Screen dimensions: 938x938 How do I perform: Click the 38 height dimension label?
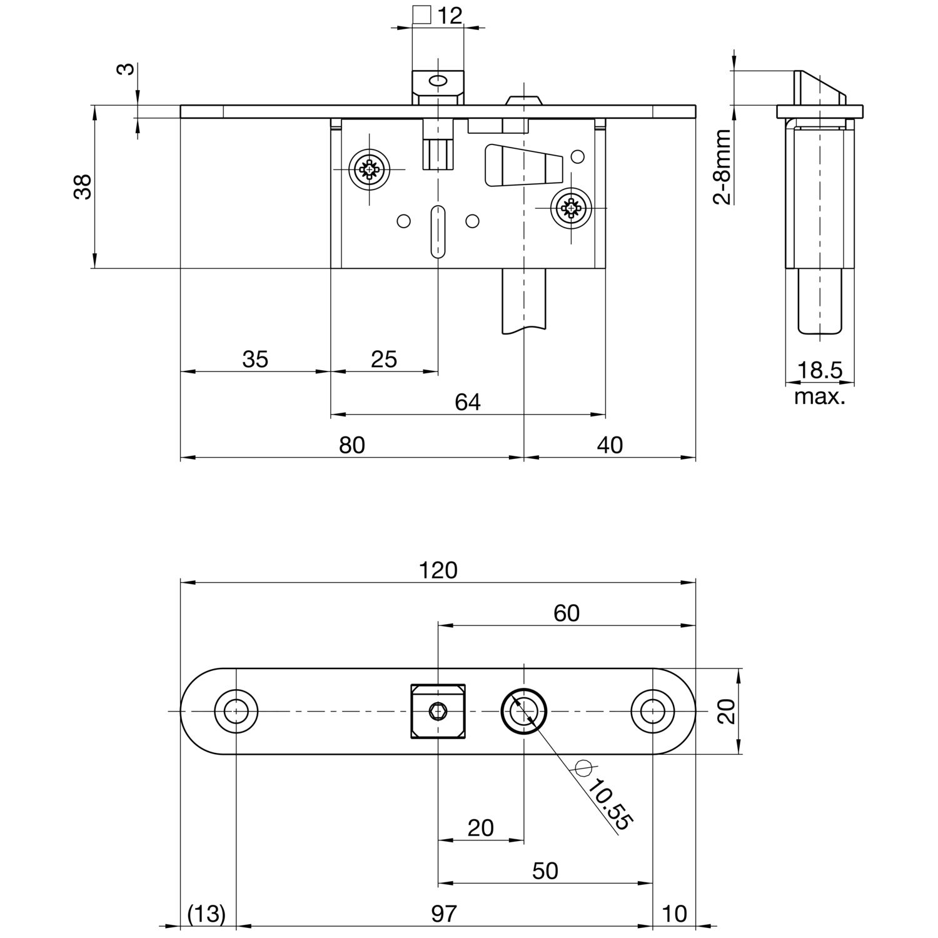click(83, 186)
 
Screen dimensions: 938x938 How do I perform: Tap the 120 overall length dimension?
click(438, 570)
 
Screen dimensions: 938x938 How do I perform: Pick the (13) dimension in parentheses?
click(206, 914)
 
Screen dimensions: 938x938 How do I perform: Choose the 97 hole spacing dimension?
click(444, 914)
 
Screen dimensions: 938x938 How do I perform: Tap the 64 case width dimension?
click(468, 402)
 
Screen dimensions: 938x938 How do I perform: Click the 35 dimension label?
click(255, 360)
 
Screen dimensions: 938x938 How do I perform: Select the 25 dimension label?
click(384, 360)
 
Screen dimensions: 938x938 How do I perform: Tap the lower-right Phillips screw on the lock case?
click(570, 207)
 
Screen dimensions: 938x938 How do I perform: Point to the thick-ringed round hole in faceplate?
click(524, 712)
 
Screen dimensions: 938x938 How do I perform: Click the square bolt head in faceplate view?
click(438, 712)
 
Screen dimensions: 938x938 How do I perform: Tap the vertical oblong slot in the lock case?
click(438, 231)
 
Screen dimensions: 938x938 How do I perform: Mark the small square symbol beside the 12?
click(423, 15)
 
